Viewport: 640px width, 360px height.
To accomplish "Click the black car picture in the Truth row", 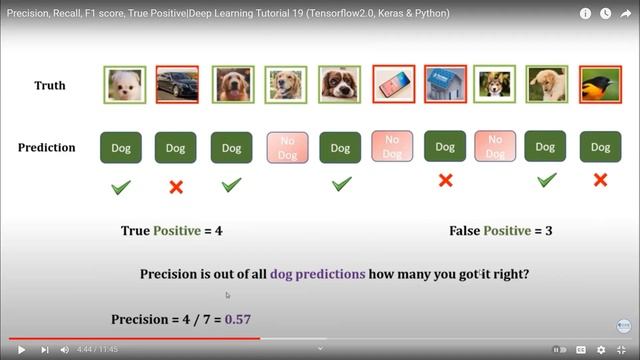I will pyautogui.click(x=176, y=85).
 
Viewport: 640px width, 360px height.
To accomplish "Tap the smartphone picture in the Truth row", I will pyautogui.click(x=392, y=85).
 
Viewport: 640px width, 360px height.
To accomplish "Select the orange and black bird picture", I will pyautogui.click(x=600, y=85).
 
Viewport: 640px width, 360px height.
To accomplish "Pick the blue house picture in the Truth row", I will pyautogui.click(x=446, y=85).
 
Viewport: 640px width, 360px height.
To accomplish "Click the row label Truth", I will pyautogui.click(x=50, y=86).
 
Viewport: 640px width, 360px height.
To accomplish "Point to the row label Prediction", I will pyautogui.click(x=46, y=148).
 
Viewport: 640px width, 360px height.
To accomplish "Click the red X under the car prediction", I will pyautogui.click(x=176, y=187).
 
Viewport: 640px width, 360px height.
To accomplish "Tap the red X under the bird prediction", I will pyautogui.click(x=600, y=180).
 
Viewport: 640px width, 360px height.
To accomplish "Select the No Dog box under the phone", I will pyautogui.click(x=392, y=147).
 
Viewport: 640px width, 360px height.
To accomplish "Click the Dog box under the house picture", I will pyautogui.click(x=446, y=147).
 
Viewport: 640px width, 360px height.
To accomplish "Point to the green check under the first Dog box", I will pyautogui.click(x=121, y=186).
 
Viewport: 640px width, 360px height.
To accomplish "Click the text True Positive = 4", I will pyautogui.click(x=171, y=231).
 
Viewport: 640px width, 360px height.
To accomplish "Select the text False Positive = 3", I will pyautogui.click(x=501, y=231).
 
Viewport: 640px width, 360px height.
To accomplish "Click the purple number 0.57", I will pyautogui.click(x=237, y=320).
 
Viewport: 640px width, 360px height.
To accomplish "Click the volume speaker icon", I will pyautogui.click(x=64, y=350).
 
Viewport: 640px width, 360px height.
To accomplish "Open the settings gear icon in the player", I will pyautogui.click(x=601, y=350).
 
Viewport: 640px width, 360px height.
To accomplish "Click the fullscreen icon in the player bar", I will pyautogui.click(x=622, y=350).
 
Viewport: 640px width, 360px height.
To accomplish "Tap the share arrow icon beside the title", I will pyautogui.click(x=625, y=14).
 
